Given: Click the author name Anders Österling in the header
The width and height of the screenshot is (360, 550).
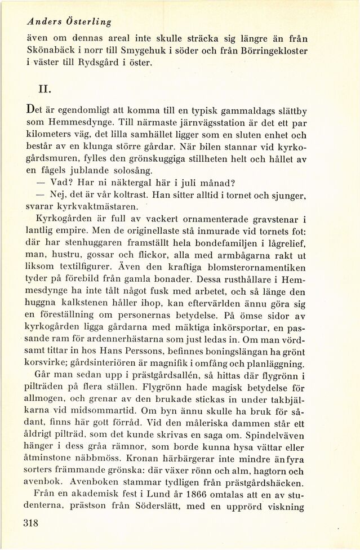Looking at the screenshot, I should pos(69,22).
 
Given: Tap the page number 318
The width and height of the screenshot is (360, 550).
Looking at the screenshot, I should pos(35,522).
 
